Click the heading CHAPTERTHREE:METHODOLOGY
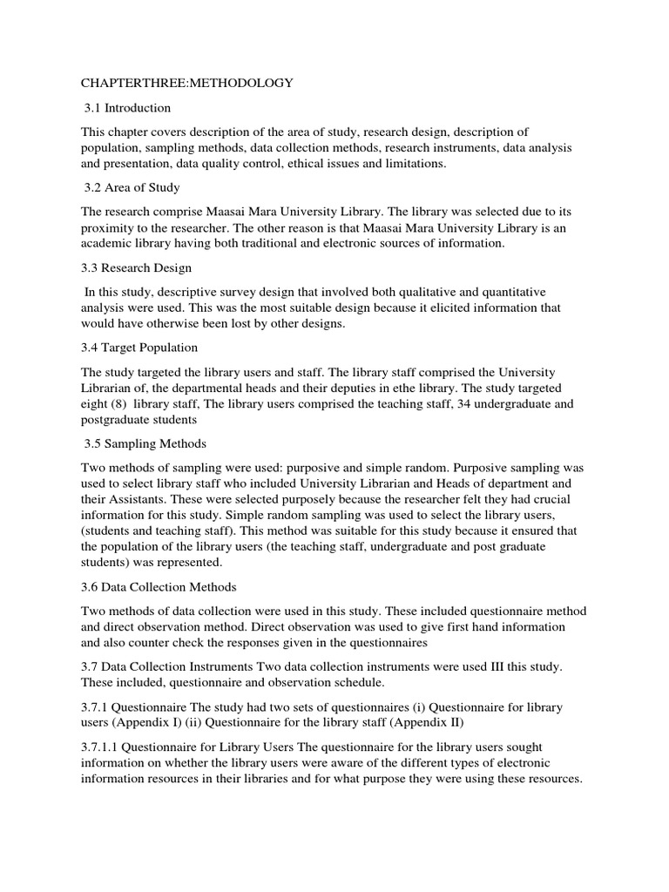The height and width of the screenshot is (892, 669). click(187, 83)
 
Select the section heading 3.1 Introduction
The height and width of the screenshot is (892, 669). click(128, 108)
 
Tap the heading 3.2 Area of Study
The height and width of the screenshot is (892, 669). click(132, 187)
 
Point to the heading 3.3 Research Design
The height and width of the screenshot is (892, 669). click(137, 267)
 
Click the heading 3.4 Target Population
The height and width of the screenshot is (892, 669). click(139, 348)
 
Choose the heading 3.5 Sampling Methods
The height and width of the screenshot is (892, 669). click(145, 443)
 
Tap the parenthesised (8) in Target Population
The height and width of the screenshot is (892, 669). click(120, 404)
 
